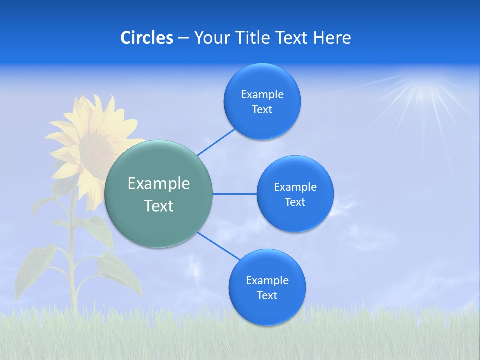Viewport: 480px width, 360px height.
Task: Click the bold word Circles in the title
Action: click(x=147, y=38)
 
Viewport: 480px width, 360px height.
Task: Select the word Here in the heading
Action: click(x=332, y=38)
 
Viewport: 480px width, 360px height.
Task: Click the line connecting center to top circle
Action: click(x=216, y=141)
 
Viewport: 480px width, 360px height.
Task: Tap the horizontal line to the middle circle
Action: click(x=234, y=194)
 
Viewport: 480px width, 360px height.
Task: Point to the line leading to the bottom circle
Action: click(x=219, y=245)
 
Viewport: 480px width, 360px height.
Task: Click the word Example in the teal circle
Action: click(x=159, y=184)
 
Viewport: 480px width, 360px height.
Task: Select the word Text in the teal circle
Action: click(x=159, y=206)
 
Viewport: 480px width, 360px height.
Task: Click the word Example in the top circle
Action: click(x=262, y=95)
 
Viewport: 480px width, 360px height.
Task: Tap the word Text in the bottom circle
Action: click(x=267, y=296)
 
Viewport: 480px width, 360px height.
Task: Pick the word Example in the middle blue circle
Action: click(x=295, y=187)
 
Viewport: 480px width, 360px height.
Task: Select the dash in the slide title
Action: click(x=183, y=38)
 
